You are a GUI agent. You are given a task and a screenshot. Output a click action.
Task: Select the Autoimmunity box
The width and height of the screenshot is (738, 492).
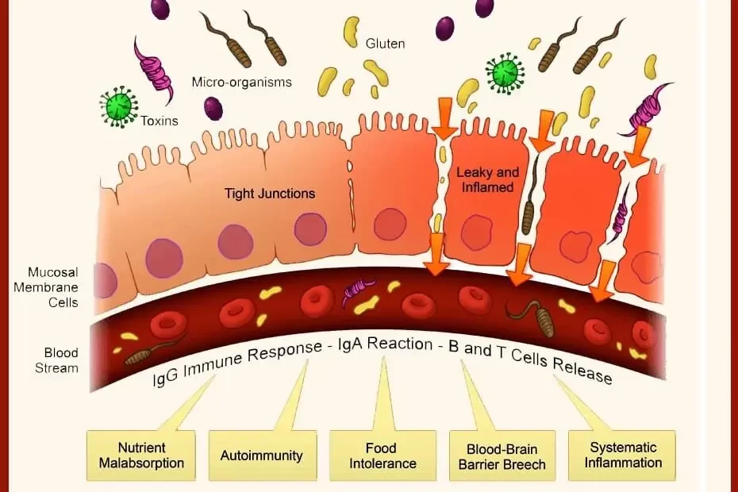pyautogui.click(x=261, y=455)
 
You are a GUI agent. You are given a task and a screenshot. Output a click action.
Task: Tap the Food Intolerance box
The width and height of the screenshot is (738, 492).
pyautogui.click(x=382, y=455)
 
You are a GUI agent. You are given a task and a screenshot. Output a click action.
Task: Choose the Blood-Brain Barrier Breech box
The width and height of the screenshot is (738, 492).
pyautogui.click(x=502, y=455)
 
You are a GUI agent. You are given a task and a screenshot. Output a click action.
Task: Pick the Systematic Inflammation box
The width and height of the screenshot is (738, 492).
pyautogui.click(x=621, y=455)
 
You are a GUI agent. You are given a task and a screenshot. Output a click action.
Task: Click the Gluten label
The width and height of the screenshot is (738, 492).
pyautogui.click(x=385, y=43)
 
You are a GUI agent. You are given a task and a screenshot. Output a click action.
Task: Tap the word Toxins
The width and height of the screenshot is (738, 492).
pyautogui.click(x=159, y=121)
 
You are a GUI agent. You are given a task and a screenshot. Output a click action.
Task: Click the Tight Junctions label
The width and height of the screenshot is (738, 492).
pyautogui.click(x=270, y=193)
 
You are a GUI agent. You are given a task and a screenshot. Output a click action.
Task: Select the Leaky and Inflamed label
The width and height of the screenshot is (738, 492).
pyautogui.click(x=486, y=179)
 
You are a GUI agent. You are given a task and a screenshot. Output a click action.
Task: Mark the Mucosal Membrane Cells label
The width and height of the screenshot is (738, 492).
pyautogui.click(x=45, y=286)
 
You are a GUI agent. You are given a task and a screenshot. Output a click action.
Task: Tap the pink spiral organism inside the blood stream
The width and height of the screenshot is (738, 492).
pyautogui.click(x=359, y=291)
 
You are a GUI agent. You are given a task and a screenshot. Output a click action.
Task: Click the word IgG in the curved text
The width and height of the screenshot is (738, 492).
pyautogui.click(x=165, y=376)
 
